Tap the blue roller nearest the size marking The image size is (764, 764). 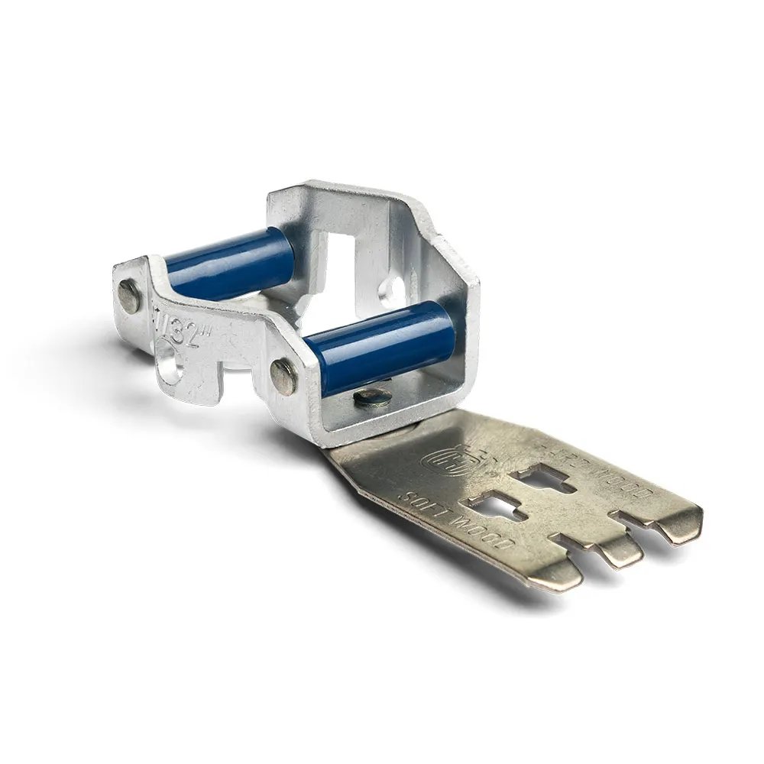229,264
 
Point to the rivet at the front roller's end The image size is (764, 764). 284,377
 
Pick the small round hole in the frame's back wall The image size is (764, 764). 396,290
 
